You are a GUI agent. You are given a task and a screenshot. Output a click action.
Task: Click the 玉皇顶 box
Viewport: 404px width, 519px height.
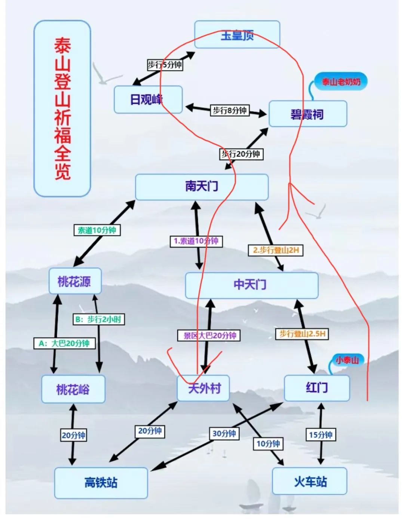pyautogui.click(x=237, y=35)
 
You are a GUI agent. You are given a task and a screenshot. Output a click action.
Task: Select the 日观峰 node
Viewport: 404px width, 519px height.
pyautogui.click(x=148, y=99)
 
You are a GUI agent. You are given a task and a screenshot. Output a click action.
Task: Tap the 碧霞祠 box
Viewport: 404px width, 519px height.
pyautogui.click(x=307, y=114)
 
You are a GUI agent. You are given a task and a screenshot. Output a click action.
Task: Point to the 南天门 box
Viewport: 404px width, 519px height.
pyautogui.click(x=202, y=187)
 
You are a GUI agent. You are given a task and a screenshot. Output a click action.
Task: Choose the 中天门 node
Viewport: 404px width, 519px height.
pyautogui.click(x=251, y=285)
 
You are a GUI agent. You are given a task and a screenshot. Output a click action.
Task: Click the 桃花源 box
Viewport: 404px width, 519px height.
pyautogui.click(x=75, y=281)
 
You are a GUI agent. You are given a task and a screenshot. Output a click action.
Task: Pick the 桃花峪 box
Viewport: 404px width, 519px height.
pyautogui.click(x=73, y=389)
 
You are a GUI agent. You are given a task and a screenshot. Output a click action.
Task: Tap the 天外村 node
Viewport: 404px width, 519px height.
pyautogui.click(x=203, y=388)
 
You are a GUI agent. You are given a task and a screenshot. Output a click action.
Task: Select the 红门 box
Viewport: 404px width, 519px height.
pyautogui.click(x=317, y=388)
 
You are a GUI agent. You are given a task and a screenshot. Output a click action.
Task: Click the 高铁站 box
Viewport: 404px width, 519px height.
pyautogui.click(x=101, y=482)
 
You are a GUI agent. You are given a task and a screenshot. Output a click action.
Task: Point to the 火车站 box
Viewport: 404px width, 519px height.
pyautogui.click(x=310, y=481)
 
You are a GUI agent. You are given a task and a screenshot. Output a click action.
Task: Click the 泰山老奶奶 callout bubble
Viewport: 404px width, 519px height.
pyautogui.click(x=341, y=82)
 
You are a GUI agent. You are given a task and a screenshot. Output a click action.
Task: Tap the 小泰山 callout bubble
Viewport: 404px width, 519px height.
pyautogui.click(x=347, y=360)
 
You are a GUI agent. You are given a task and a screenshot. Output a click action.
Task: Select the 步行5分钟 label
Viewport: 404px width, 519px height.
pyautogui.click(x=165, y=65)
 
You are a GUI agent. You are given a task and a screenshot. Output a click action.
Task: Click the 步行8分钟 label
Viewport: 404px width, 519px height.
pyautogui.click(x=230, y=110)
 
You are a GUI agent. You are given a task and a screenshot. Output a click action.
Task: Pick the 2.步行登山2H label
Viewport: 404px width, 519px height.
pyautogui.click(x=276, y=250)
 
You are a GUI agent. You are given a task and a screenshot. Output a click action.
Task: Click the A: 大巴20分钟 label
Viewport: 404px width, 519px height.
pyautogui.click(x=64, y=343)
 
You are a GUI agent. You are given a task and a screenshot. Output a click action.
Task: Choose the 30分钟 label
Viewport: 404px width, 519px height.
pyautogui.click(x=224, y=433)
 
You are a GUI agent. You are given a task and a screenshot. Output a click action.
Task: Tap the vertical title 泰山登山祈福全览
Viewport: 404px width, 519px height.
pyautogui.click(x=62, y=108)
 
